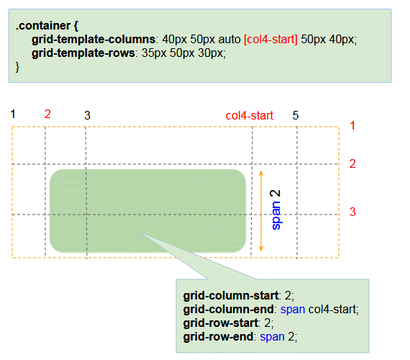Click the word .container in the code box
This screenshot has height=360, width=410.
(43, 26)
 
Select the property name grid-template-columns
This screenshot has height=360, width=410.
(94, 40)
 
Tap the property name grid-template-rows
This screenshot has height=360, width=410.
(83, 53)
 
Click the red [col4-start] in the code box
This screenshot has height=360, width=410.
(270, 40)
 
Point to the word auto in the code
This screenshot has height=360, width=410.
(229, 40)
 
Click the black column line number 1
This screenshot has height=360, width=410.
(13, 114)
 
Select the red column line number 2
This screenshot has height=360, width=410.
(47, 114)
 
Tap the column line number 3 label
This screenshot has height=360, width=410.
(87, 115)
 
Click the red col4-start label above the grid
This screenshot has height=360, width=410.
(250, 115)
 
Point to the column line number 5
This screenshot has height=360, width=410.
(296, 115)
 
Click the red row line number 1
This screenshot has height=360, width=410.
(352, 126)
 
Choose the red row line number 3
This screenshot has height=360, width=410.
(352, 212)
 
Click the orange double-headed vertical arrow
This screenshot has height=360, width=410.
(261, 211)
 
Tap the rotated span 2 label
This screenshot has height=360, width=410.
(275, 210)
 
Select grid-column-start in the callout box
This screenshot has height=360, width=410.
(231, 296)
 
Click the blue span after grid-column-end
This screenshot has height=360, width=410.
(293, 310)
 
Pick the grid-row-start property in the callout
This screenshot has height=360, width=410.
(220, 323)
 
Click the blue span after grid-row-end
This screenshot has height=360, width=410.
(272, 337)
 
